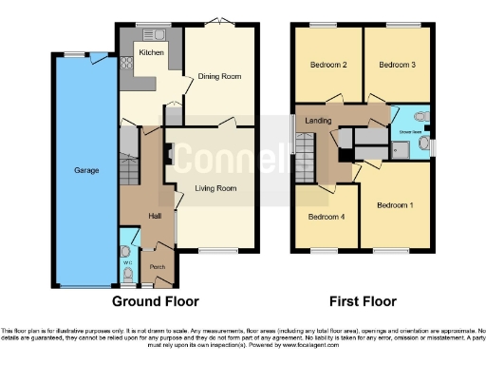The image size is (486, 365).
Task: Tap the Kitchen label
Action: (x=152, y=53)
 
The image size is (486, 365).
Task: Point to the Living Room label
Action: (x=215, y=188)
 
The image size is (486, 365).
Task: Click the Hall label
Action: (x=155, y=216)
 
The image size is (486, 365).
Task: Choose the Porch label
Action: (x=158, y=267)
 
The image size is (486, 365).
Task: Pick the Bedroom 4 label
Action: (x=326, y=216)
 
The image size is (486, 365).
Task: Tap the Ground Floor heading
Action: (x=156, y=301)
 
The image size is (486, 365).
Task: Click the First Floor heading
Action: (x=362, y=301)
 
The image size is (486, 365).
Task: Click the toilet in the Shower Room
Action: (x=421, y=118)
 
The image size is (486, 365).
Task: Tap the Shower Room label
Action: (x=410, y=132)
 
